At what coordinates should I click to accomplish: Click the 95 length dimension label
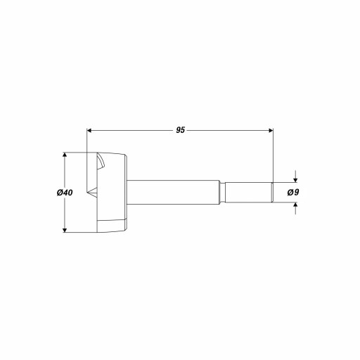(x=181, y=130)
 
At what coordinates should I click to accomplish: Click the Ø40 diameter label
(x=65, y=193)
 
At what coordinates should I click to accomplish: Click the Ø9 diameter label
(x=293, y=193)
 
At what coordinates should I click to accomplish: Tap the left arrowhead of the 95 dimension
(x=89, y=130)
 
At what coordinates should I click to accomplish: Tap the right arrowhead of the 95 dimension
(x=271, y=130)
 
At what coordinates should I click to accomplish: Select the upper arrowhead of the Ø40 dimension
(x=65, y=155)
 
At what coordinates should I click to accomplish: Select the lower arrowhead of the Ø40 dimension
(x=65, y=230)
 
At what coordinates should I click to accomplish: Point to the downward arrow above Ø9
(x=295, y=176)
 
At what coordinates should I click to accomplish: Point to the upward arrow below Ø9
(x=295, y=208)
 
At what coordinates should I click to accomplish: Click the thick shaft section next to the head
(x=174, y=193)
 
